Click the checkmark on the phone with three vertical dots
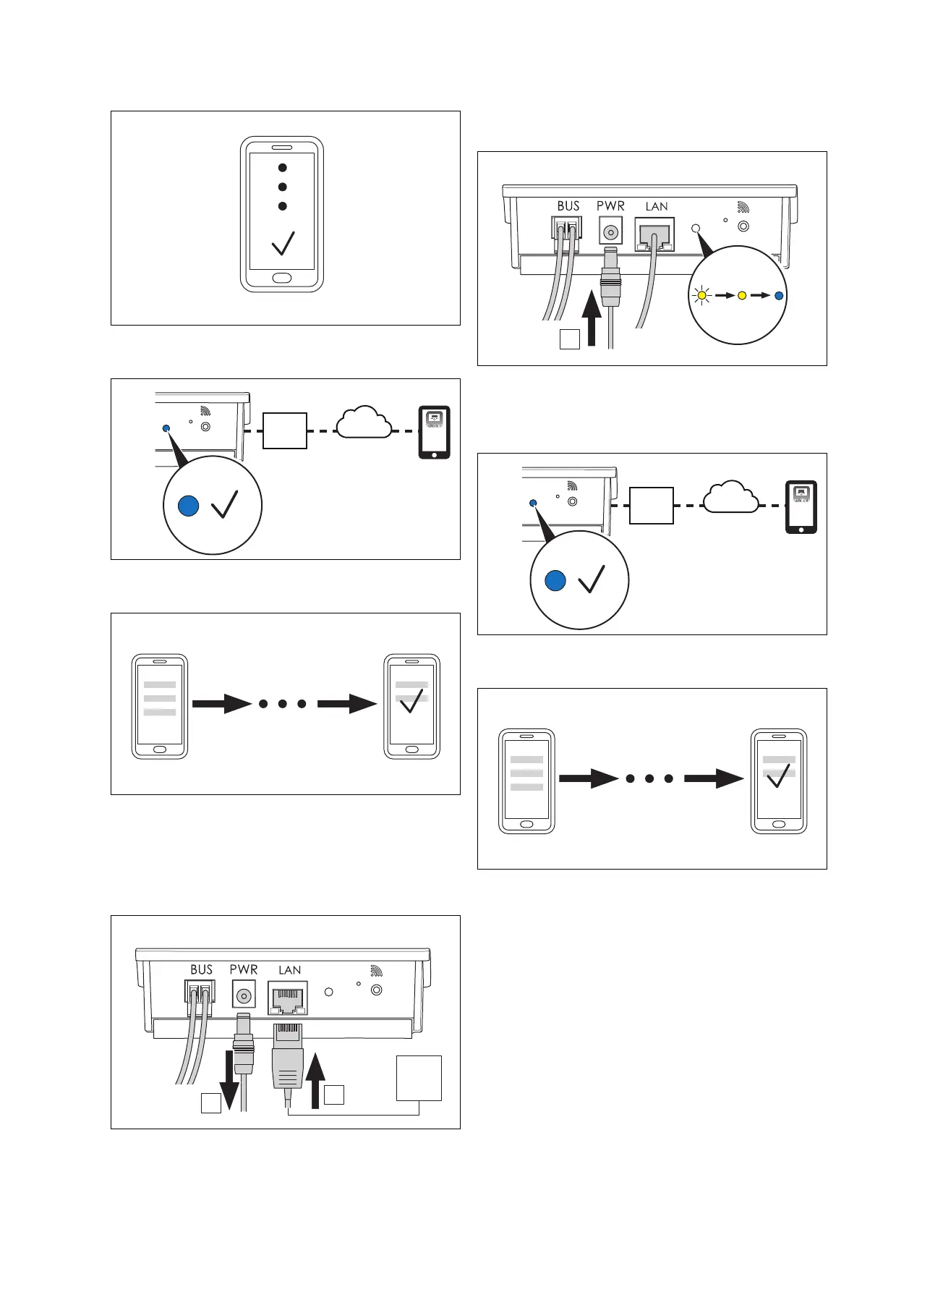tap(283, 243)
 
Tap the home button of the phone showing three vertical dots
tap(282, 278)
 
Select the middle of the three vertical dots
tap(283, 187)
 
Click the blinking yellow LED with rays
tap(701, 295)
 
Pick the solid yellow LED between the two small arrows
tap(741, 295)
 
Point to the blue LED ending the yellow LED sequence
tap(778, 295)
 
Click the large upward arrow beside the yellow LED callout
tap(592, 318)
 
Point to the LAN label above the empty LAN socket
tap(289, 970)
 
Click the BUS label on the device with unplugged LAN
tap(201, 969)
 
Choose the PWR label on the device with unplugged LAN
tap(244, 969)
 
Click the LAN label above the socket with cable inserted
tap(657, 207)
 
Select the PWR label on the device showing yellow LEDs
tap(610, 206)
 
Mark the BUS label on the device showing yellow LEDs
tap(568, 206)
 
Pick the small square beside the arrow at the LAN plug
tap(334, 1095)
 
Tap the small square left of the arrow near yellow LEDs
tap(570, 339)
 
